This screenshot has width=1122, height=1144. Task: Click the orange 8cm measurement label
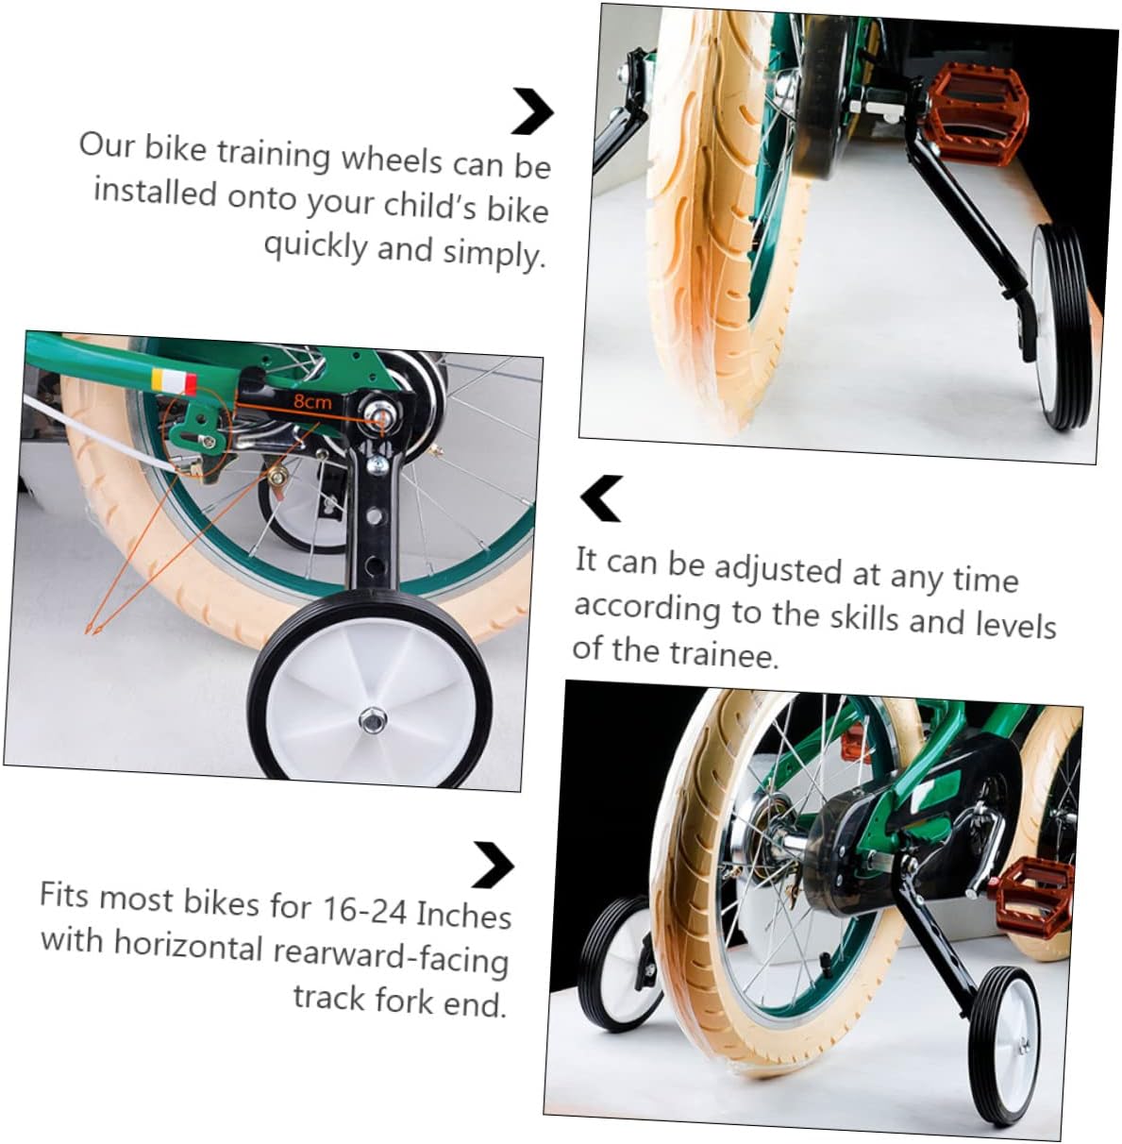pos(312,401)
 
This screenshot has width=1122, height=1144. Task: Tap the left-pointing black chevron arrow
pos(601,498)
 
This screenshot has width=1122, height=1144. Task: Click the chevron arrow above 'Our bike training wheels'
pos(532,111)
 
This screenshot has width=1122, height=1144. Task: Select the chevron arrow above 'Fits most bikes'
pos(493,864)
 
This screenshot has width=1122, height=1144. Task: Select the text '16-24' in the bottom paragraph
pos(364,909)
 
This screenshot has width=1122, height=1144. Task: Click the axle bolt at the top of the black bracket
pos(382,412)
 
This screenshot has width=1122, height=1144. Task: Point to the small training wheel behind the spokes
pos(302,514)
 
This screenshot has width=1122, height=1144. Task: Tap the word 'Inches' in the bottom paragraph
pos(463,916)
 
